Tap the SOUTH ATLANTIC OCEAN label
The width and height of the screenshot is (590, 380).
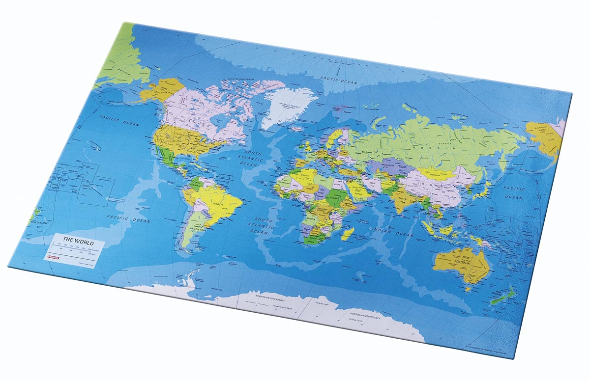(x=263, y=226)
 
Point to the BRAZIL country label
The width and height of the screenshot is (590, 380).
(x=218, y=202)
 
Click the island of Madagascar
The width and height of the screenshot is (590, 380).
(x=348, y=234)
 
